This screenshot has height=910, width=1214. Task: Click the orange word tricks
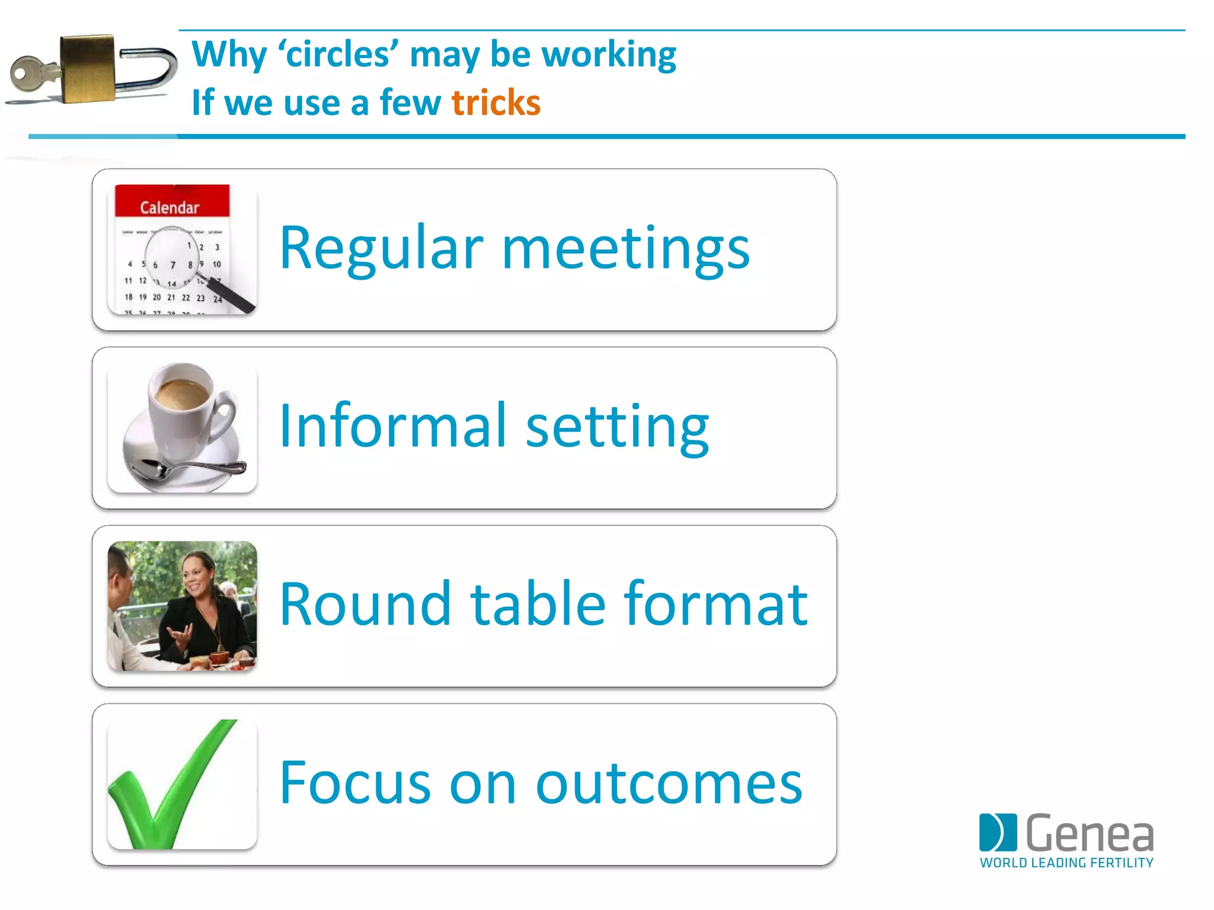(x=496, y=102)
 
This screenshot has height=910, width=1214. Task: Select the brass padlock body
(x=88, y=68)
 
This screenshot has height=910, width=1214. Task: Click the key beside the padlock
(x=33, y=75)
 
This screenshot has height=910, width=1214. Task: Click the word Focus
(x=355, y=783)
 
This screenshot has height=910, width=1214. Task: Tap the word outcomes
(x=669, y=784)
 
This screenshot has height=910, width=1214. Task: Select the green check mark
(x=172, y=788)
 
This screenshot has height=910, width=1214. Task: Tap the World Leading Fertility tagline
(x=1066, y=863)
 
